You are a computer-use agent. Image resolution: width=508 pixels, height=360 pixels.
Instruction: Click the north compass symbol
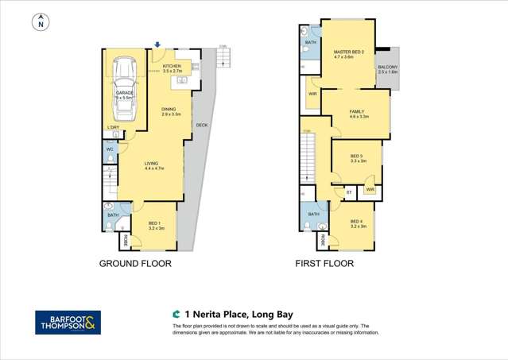coord(39,23)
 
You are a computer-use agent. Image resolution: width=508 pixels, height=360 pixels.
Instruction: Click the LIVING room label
coord(152,165)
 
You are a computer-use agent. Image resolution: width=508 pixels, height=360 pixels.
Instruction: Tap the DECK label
coord(201,124)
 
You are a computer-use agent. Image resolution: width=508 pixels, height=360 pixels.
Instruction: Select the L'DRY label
coord(114,127)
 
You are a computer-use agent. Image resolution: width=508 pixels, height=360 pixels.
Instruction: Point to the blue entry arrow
coord(157,45)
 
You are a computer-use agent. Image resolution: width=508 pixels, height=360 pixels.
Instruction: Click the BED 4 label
coord(359,223)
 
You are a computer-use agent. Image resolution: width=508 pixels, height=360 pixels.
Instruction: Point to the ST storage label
coord(348,192)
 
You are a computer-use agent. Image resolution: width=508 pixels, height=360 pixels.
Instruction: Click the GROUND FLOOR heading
coord(134,264)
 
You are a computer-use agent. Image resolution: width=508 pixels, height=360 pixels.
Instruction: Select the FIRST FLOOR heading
coord(324,264)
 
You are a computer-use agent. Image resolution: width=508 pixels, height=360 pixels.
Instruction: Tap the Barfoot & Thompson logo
coord(68,322)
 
